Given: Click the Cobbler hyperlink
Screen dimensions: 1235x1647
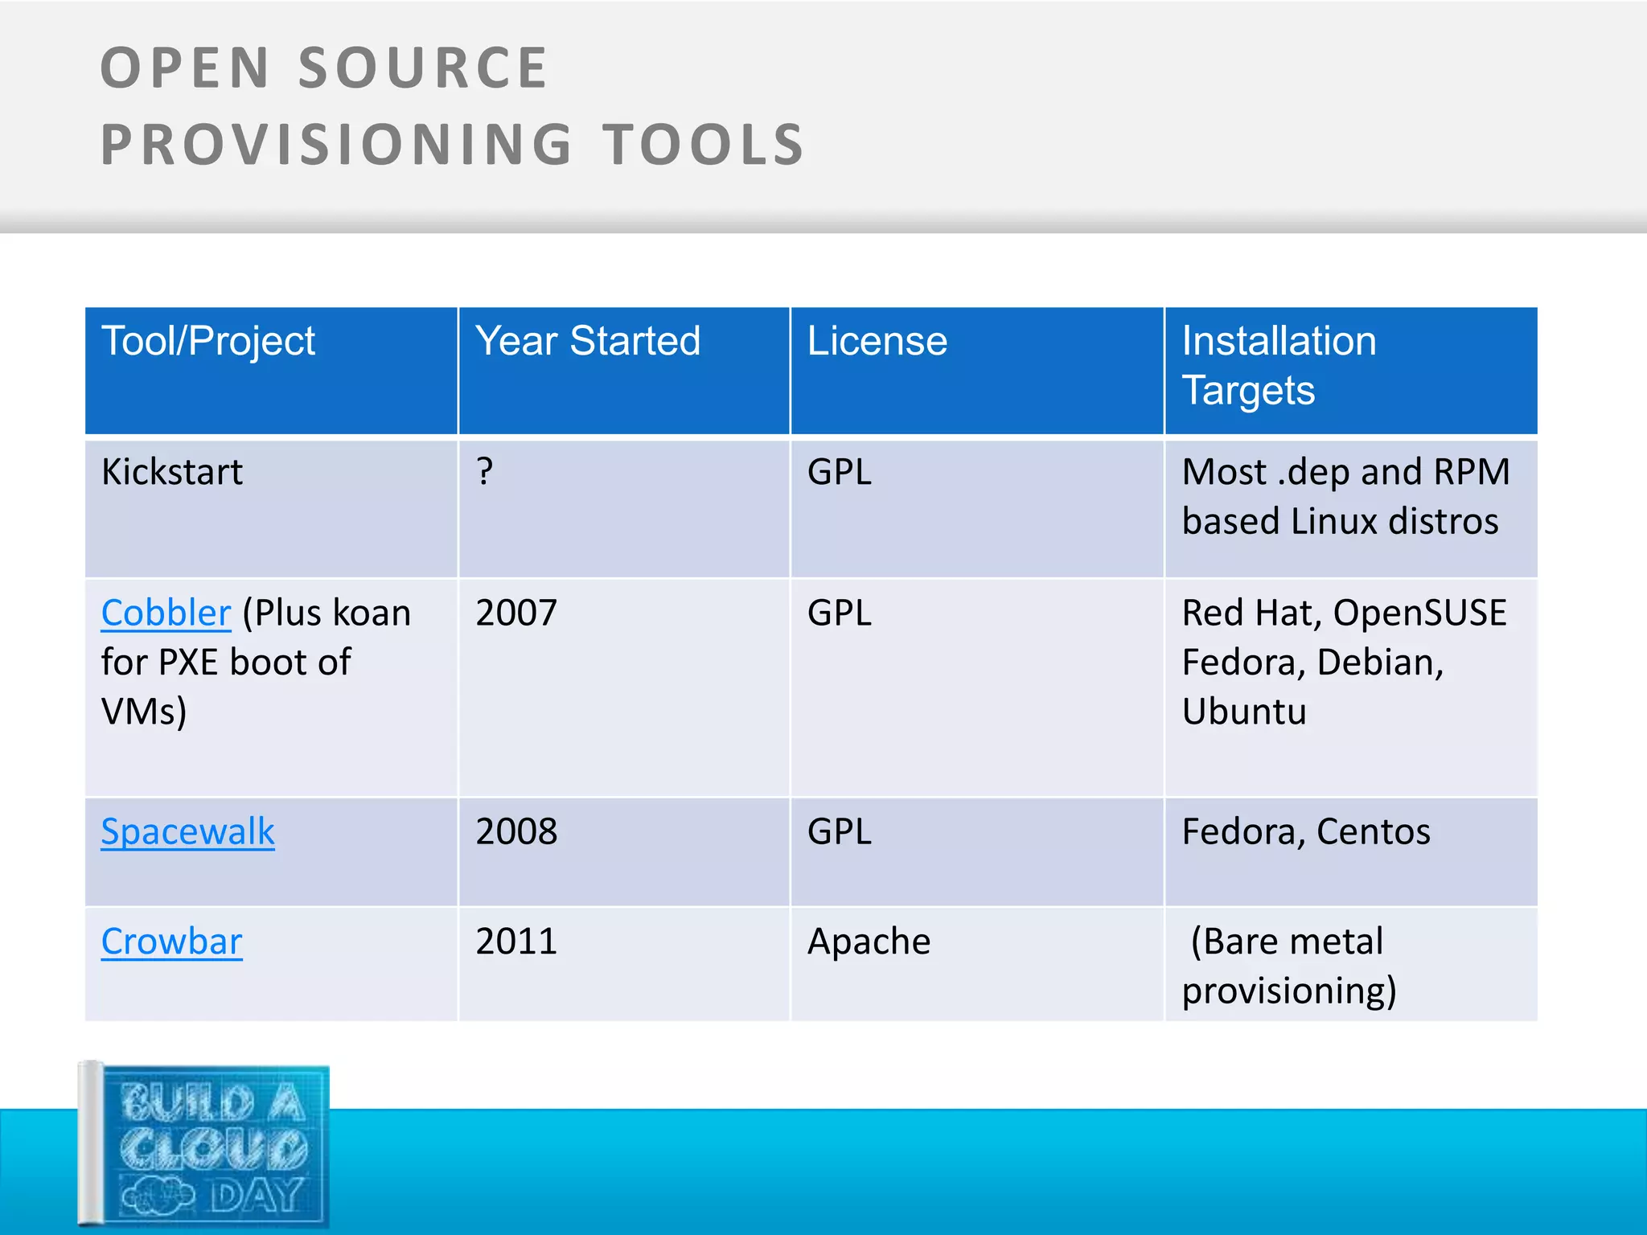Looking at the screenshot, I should [166, 613].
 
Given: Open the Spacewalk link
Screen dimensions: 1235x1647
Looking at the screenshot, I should [187, 832].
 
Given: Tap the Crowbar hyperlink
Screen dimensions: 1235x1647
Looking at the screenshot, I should [171, 942].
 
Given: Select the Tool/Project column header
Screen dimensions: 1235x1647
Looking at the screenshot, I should [208, 341].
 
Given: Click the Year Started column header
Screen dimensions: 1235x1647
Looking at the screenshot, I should [588, 341].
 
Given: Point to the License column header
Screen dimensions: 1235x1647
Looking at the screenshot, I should [877, 341].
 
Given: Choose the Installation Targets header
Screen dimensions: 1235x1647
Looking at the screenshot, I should [1279, 365].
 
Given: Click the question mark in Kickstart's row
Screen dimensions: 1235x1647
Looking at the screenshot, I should [484, 472].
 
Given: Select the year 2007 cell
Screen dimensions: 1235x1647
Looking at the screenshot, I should [516, 613].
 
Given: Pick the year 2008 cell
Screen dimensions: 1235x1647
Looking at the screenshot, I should [516, 832].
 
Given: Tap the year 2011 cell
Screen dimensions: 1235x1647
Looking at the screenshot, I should [516, 942].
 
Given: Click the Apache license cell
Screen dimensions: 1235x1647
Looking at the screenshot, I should [869, 942].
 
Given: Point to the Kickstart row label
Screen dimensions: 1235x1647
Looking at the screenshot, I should [172, 472].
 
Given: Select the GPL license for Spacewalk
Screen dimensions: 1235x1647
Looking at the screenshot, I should [840, 832].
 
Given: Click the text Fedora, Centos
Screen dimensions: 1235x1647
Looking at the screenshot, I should [1306, 832].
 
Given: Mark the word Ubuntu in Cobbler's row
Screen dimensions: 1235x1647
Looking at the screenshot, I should [1244, 712].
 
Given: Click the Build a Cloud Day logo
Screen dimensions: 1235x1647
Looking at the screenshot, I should [205, 1146].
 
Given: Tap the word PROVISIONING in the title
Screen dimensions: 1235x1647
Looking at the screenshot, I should [336, 146].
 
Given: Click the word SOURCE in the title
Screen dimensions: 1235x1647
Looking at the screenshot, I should [423, 68].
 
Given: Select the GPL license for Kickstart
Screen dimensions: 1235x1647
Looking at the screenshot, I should [840, 472].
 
